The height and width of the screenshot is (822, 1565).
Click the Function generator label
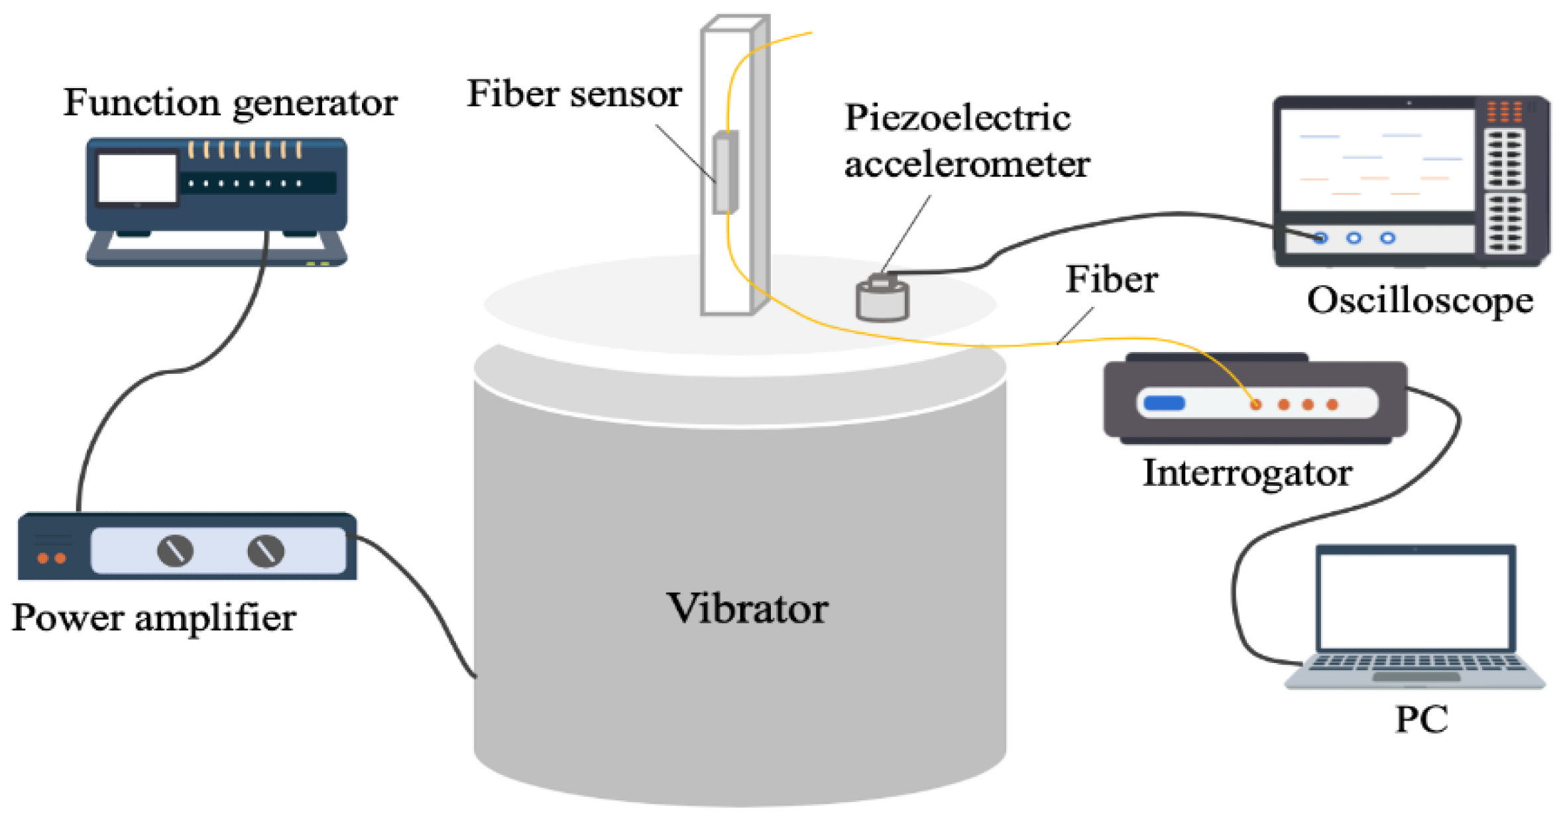(230, 103)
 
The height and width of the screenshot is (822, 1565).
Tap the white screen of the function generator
(137, 178)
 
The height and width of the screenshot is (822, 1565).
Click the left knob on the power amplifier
(175, 550)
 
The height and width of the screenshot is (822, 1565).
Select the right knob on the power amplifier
(266, 550)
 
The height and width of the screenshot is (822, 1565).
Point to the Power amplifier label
(154, 618)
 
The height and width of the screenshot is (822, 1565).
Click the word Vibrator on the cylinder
(747, 608)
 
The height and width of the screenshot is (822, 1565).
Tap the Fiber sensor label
(574, 93)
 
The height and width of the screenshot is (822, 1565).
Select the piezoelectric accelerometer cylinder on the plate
(882, 301)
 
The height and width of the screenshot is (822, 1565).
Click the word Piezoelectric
(957, 118)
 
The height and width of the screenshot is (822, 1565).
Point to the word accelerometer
(966, 164)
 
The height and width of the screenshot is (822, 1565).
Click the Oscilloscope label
(1420, 300)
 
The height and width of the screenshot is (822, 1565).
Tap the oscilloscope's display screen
(1377, 159)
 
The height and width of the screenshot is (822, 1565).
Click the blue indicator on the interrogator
(1164, 403)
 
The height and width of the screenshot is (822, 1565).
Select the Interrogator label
(1247, 473)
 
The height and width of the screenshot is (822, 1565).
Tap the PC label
(1421, 719)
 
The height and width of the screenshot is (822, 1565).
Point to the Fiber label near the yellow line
(1112, 279)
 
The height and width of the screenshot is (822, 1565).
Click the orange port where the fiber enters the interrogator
(1255, 404)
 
